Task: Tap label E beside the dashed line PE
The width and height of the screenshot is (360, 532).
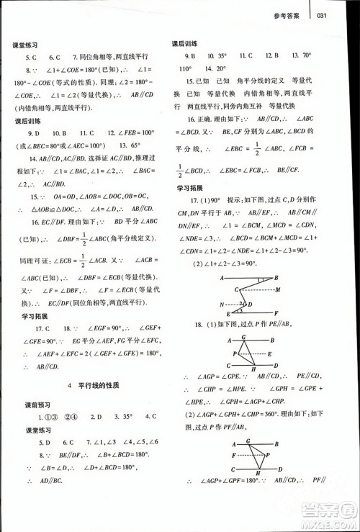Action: click(x=268, y=354)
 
